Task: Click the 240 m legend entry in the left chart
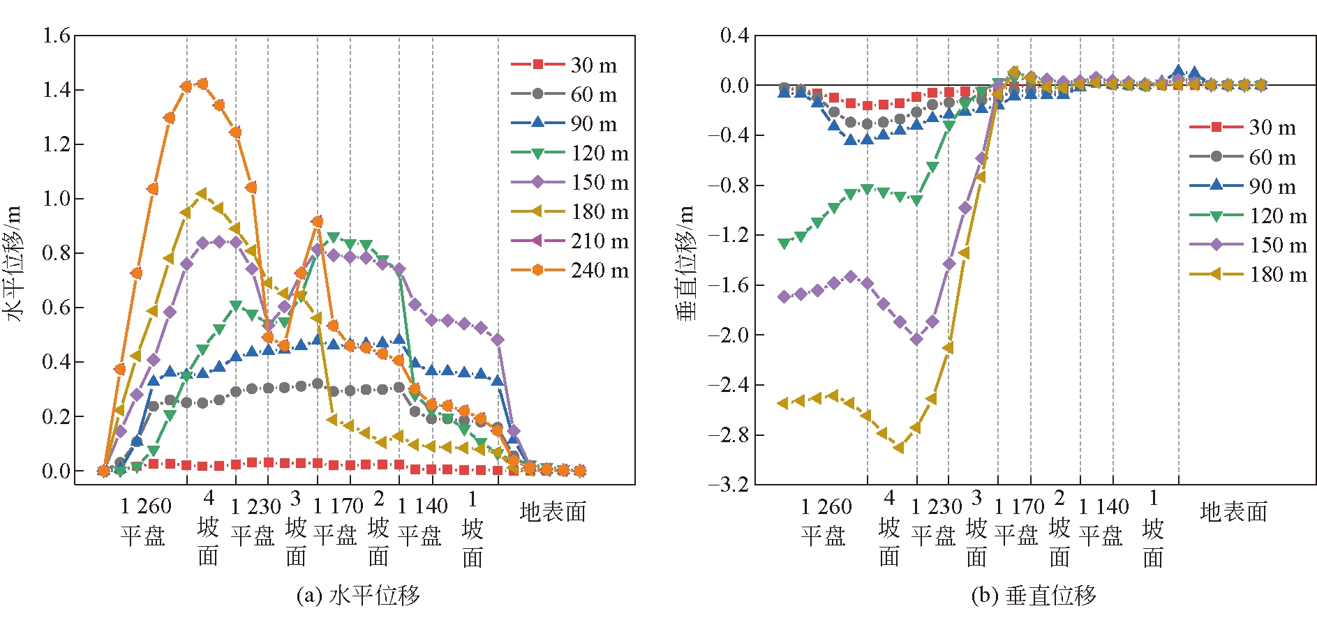tap(570, 270)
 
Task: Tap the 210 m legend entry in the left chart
tap(570, 241)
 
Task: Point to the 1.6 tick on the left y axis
tap(57, 35)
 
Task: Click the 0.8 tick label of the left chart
tap(57, 252)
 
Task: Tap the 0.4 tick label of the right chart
tap(734, 35)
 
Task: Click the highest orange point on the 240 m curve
tap(202, 84)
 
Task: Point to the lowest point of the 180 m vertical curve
tap(899, 448)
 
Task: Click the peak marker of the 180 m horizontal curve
tap(202, 193)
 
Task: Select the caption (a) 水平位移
tap(358, 595)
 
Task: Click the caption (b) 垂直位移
tap(1034, 595)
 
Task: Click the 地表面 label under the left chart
tap(553, 512)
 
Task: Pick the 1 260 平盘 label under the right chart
tap(826, 521)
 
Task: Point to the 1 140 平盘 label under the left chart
tap(422, 521)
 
